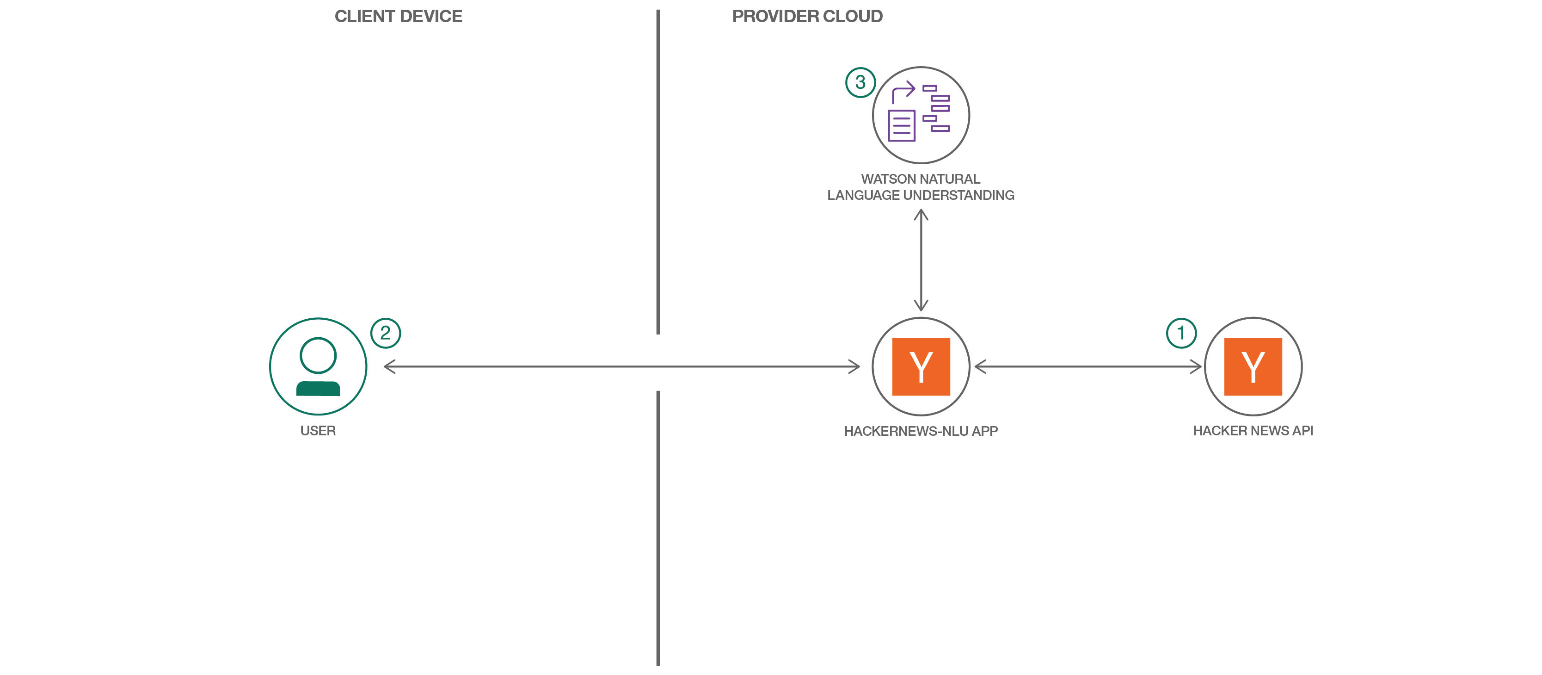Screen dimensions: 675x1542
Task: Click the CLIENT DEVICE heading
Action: [398, 16]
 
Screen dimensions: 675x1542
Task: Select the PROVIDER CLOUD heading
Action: [807, 16]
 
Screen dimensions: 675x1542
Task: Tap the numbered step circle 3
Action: [860, 82]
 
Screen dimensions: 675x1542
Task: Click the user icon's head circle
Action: [318, 355]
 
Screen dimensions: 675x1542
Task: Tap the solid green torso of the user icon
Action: [318, 389]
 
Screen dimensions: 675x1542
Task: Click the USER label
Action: [318, 431]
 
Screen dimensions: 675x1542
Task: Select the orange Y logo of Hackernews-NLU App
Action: [921, 366]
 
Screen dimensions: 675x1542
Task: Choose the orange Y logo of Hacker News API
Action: [1253, 366]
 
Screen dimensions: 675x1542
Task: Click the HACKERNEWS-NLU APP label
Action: [921, 431]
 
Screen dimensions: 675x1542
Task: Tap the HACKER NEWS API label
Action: [1253, 431]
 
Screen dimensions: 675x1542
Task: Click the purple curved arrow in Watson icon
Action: [903, 92]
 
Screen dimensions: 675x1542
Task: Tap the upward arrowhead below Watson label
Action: [921, 214]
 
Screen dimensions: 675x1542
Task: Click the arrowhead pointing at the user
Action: [389, 366]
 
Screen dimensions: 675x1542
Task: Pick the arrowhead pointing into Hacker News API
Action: [1196, 366]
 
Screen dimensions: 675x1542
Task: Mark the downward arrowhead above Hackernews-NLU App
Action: [921, 305]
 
